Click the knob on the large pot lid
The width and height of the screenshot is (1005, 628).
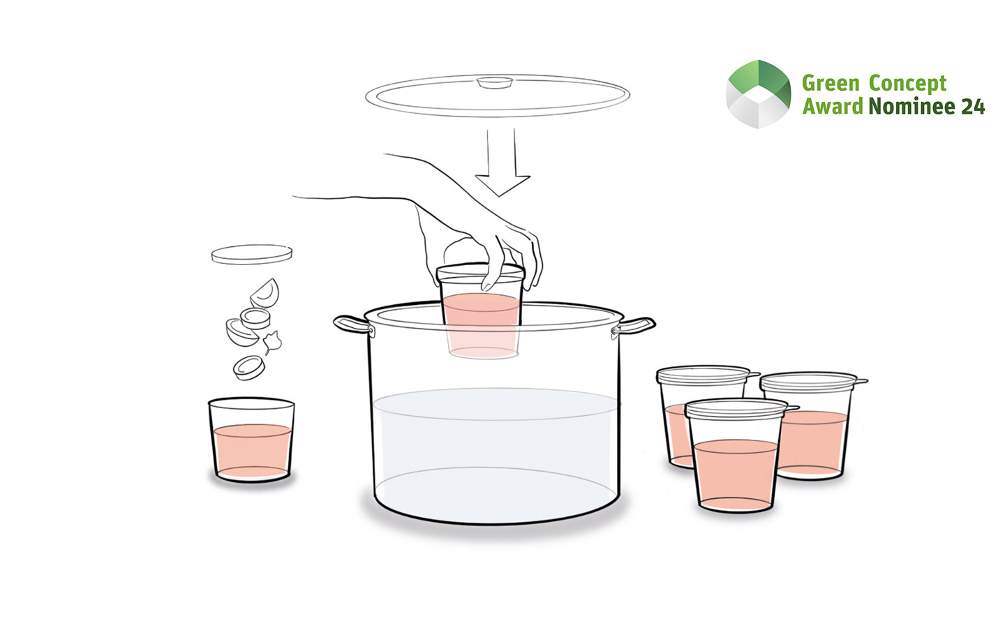(x=494, y=82)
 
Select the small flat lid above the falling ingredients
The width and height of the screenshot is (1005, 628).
(x=252, y=254)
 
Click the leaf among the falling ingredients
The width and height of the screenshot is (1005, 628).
(x=272, y=342)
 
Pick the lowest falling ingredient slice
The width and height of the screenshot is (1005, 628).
(x=248, y=368)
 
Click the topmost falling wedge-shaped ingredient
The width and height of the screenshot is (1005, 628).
(x=265, y=293)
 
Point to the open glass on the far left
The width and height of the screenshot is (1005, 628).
(x=251, y=440)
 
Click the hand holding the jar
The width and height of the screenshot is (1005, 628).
(x=449, y=224)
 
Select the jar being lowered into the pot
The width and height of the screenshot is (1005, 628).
(x=480, y=311)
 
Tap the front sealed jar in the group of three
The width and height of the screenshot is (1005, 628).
(x=736, y=455)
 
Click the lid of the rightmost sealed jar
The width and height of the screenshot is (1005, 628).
(x=813, y=381)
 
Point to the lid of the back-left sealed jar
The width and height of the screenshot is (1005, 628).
(x=706, y=375)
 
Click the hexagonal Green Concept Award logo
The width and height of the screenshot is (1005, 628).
(x=758, y=94)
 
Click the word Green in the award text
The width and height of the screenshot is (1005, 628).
(x=831, y=84)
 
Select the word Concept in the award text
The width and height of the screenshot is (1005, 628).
(x=907, y=84)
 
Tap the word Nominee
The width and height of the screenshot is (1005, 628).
(x=911, y=106)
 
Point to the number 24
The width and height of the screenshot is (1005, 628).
(x=973, y=106)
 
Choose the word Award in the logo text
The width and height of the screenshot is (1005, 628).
(x=833, y=106)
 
